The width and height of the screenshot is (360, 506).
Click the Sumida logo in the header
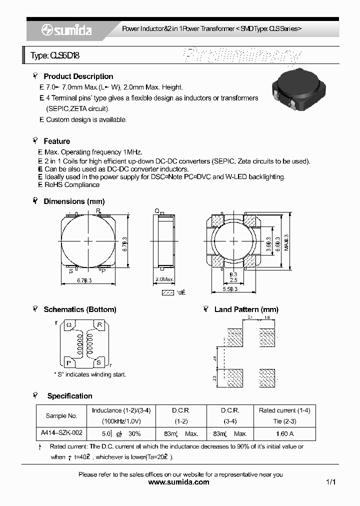[x=66, y=30]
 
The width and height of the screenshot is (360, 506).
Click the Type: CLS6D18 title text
[x=55, y=56]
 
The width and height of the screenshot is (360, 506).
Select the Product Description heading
[x=78, y=76]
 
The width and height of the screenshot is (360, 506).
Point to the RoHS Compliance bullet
[x=72, y=185]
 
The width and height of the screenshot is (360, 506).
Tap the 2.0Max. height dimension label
[x=165, y=278]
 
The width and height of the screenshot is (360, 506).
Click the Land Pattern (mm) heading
[x=246, y=309]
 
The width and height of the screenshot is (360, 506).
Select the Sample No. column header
[x=61, y=416]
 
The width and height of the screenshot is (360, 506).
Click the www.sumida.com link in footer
[x=179, y=482]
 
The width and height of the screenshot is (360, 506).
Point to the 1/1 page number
[x=330, y=482]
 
